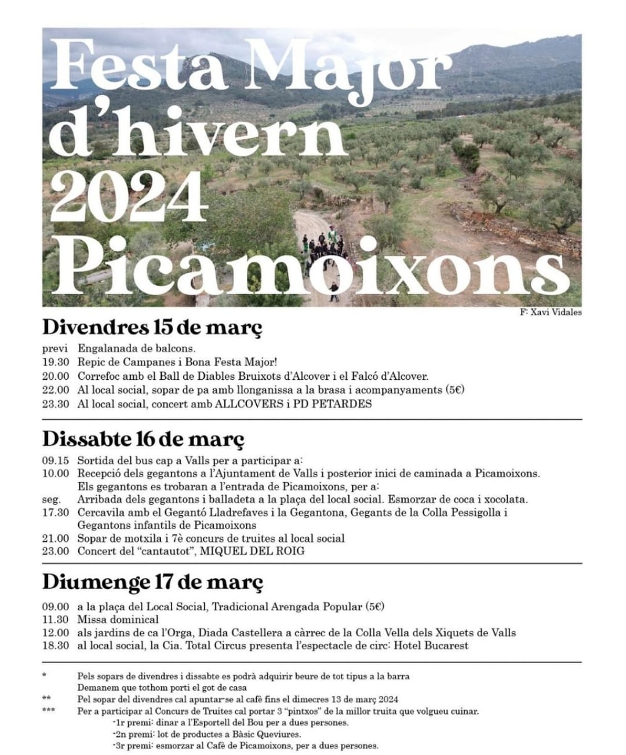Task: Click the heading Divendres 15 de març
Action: tap(152, 328)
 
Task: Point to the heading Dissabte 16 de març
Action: tap(143, 438)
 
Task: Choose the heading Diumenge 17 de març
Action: tap(152, 581)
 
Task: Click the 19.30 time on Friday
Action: tap(55, 362)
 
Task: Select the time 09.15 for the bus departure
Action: tap(55, 461)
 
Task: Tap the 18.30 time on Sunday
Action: tap(55, 646)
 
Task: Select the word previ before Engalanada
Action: tap(54, 349)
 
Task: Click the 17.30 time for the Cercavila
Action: tap(55, 512)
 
